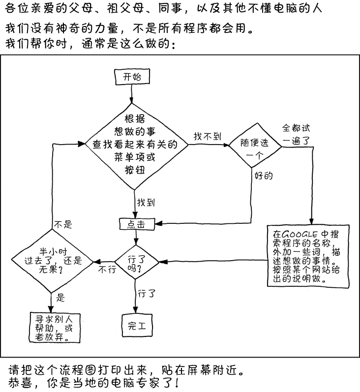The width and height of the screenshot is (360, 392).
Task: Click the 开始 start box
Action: point(131,77)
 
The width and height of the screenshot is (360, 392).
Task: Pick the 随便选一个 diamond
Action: point(254,148)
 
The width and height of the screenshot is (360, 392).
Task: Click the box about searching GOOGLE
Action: point(306,255)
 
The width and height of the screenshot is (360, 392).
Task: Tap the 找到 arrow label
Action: point(147,202)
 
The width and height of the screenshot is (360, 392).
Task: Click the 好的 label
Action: point(264,175)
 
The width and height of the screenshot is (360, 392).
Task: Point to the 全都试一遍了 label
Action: point(296,134)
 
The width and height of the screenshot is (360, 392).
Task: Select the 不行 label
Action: point(108,270)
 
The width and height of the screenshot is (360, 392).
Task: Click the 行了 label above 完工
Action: point(147,294)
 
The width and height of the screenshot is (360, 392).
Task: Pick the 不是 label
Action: point(62,225)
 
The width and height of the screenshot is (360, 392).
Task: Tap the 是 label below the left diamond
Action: point(61,297)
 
